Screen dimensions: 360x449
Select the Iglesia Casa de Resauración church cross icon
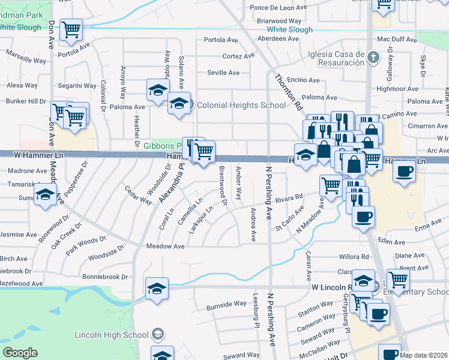[x=373, y=58]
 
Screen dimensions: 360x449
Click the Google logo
[x=20, y=353]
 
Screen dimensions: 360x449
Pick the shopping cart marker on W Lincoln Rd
[x=398, y=280]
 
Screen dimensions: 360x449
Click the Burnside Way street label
[x=226, y=304]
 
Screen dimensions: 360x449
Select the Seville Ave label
[x=223, y=73]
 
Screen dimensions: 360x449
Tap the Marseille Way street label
[x=26, y=61]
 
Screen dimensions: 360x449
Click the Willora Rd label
[x=354, y=256]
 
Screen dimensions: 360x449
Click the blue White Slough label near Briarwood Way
[x=289, y=29]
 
